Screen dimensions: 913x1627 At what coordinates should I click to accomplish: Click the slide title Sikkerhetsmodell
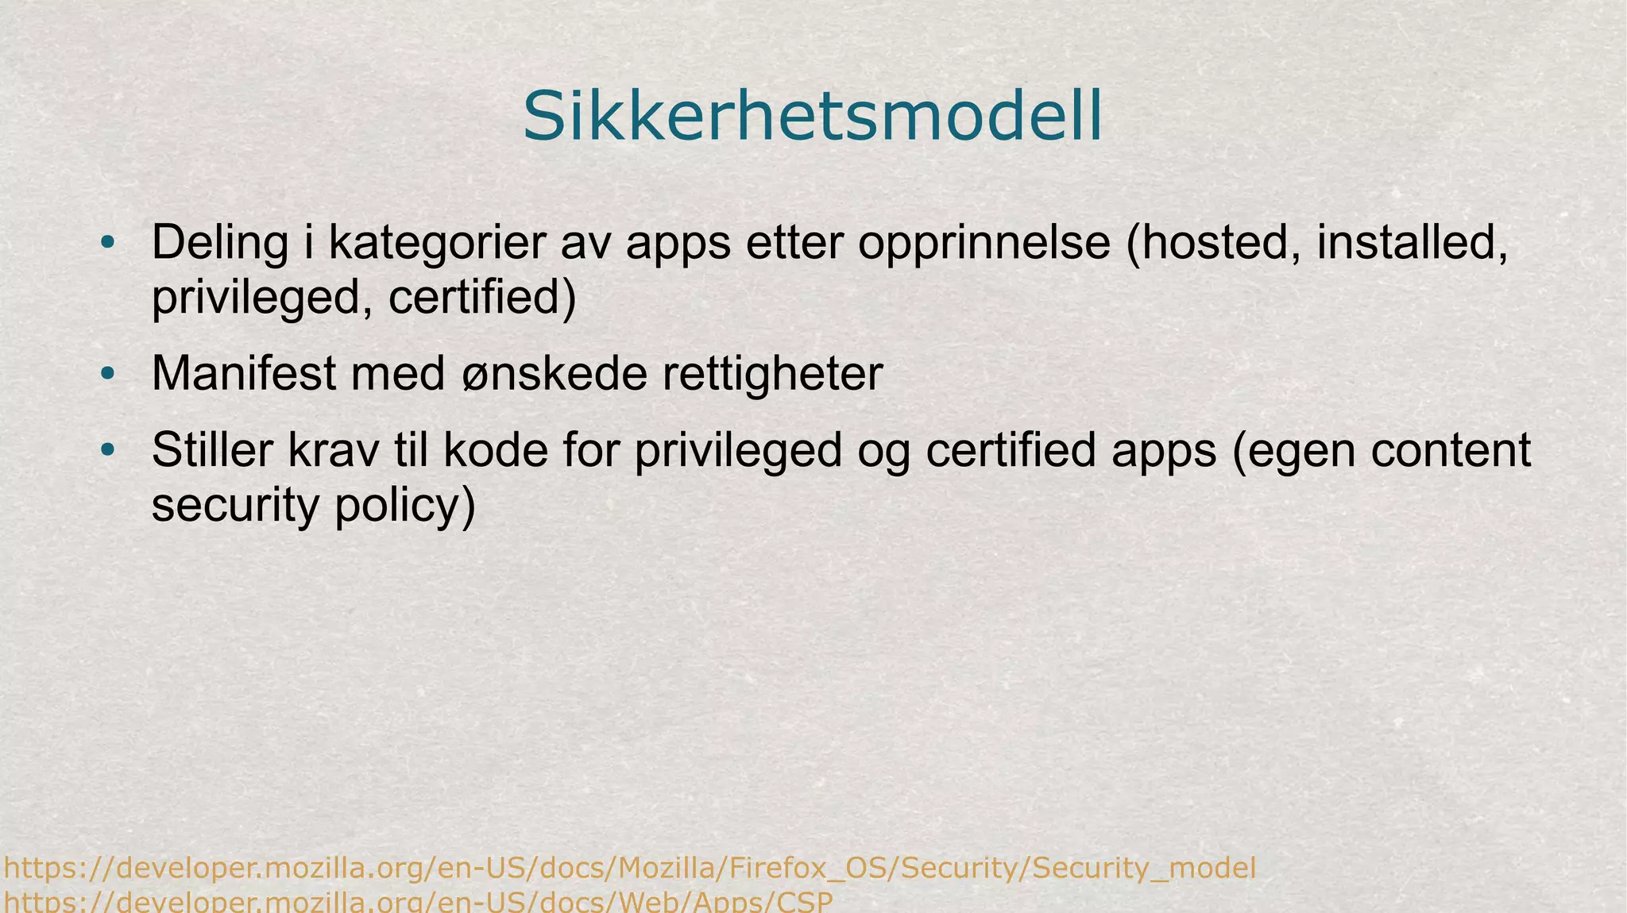point(812,117)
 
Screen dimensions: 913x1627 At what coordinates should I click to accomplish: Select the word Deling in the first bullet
point(219,243)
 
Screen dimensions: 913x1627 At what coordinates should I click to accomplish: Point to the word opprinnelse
point(984,243)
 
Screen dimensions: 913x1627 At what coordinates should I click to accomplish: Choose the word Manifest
point(243,373)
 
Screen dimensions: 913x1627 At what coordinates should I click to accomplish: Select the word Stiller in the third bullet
point(212,450)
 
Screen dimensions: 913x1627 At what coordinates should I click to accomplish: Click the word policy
point(404,506)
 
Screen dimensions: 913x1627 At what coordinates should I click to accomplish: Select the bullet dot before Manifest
point(108,373)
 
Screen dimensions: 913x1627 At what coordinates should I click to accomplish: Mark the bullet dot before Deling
point(108,243)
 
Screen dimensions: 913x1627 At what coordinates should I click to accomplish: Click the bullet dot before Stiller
point(108,450)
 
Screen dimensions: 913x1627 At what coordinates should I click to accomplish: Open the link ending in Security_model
point(629,868)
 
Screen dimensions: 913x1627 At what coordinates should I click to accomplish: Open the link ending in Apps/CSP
point(418,903)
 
